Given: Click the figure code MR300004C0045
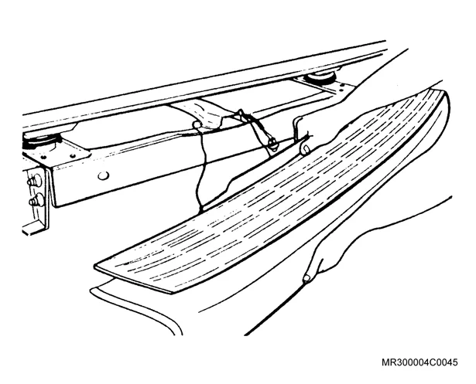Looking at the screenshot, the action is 419,362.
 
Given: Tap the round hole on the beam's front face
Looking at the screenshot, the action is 103,175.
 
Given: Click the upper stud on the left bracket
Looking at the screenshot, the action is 35,181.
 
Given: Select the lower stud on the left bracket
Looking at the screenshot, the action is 36,201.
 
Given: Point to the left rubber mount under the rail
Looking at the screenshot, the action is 41,141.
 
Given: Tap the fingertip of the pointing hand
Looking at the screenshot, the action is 306,278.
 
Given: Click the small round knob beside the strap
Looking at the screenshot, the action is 197,124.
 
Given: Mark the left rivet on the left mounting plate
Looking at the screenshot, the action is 43,158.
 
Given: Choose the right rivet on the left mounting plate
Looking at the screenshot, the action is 72,156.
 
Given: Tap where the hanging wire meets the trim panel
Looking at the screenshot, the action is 201,210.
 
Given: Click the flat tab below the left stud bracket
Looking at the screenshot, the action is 34,228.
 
